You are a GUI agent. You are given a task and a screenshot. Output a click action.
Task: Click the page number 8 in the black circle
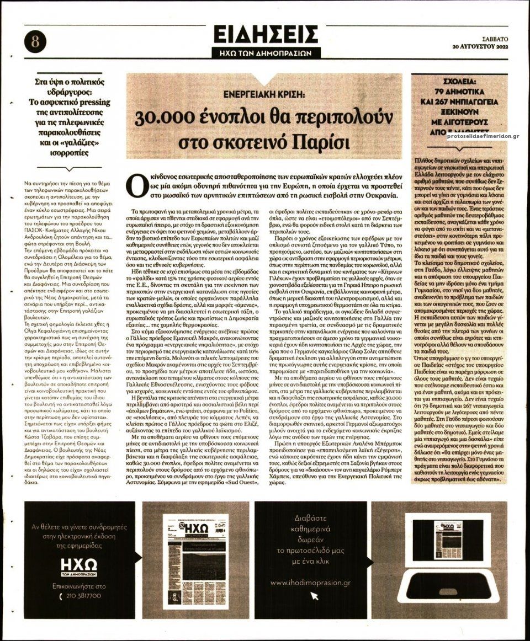coord(35,41)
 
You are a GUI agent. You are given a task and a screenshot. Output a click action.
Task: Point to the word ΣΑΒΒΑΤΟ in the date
coord(495,38)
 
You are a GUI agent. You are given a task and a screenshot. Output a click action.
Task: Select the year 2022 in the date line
coord(500,46)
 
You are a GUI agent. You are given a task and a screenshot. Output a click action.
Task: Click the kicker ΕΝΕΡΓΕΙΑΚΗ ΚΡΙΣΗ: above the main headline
coord(264,95)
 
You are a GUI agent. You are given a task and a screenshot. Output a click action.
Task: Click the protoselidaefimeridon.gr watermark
coord(482,136)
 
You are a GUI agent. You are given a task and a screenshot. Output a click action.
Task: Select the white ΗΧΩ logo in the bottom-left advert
coord(78,564)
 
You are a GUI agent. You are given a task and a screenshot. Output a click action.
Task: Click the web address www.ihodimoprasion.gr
coord(310,583)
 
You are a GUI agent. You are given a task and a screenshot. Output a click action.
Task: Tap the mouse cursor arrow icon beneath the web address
coord(315,596)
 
